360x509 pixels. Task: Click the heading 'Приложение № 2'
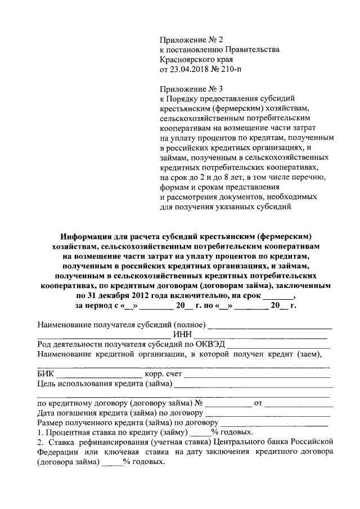click(191, 40)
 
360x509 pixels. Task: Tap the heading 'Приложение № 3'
click(191, 89)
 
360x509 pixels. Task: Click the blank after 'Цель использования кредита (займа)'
click(254, 386)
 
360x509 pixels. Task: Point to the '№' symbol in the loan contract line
click(199, 403)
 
